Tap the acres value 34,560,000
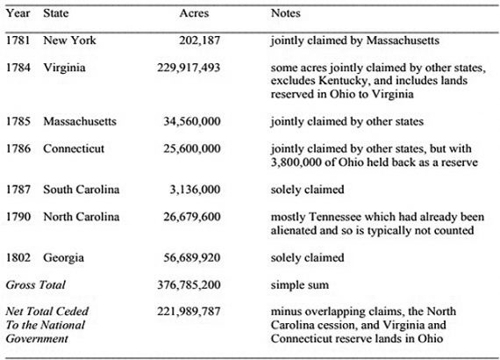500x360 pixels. coord(192,121)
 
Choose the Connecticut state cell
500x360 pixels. coord(75,149)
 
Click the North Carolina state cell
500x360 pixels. coord(82,216)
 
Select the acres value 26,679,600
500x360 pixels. coord(192,216)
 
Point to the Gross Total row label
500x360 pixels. coord(35,285)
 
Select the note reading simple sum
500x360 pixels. coord(300,285)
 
